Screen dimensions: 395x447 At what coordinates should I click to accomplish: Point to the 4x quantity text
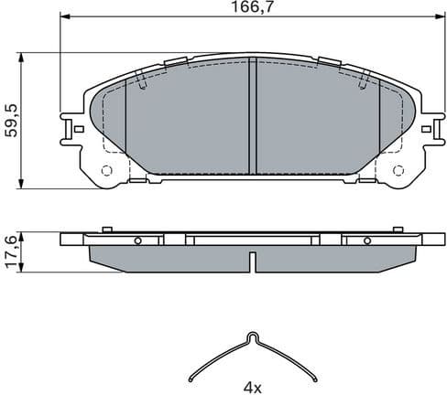pos(253,387)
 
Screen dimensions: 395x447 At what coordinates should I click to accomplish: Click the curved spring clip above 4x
pos(253,357)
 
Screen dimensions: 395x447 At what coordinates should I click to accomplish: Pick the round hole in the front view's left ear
pos(106,170)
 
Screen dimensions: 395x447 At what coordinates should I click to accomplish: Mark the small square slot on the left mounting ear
pos(79,129)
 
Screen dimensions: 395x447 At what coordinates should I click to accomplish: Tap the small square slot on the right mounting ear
pos(427,129)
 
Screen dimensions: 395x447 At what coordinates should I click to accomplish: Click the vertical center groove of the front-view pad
pos(253,117)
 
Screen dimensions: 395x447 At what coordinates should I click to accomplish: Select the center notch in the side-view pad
pos(252,265)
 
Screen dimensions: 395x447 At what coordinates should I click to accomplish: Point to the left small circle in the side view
pos(137,240)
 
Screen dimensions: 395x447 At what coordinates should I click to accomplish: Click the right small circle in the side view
pos(367,240)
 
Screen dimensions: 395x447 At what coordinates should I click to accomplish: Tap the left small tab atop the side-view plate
pos(107,229)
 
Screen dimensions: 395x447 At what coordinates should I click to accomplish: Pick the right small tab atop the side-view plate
pos(398,229)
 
